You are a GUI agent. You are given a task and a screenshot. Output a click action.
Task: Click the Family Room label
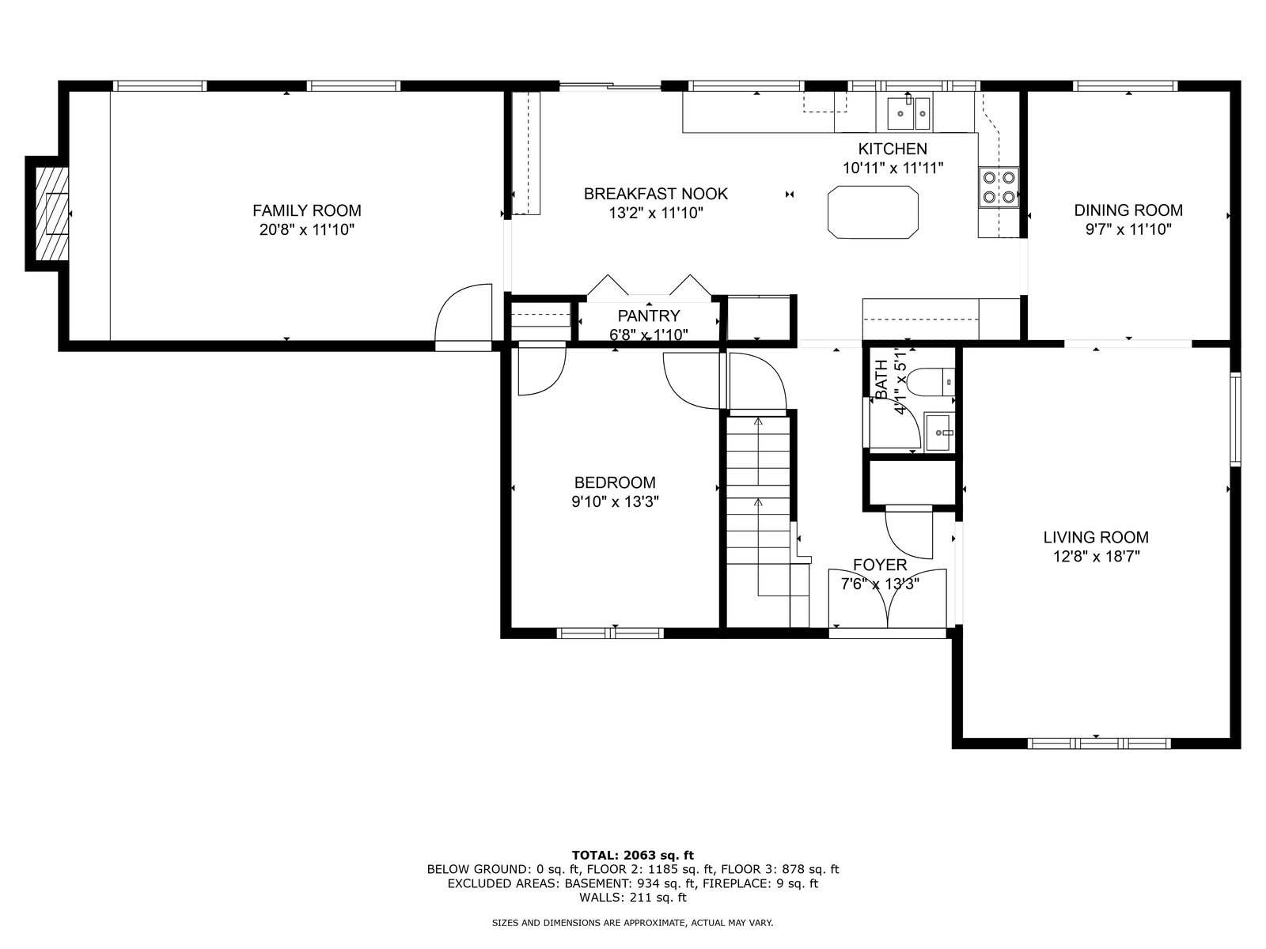tap(307, 210)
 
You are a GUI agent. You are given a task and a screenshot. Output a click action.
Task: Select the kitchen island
tap(873, 212)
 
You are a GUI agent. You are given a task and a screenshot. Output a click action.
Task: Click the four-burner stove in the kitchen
tap(999, 187)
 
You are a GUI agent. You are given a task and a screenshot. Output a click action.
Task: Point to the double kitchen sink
tap(908, 114)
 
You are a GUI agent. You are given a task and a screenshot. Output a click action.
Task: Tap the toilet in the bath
tap(931, 381)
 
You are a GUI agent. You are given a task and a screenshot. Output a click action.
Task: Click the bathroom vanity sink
tap(939, 432)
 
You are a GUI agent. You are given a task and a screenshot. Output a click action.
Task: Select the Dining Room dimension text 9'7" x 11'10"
tap(1128, 229)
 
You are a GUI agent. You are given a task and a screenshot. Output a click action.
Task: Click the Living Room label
tap(1096, 537)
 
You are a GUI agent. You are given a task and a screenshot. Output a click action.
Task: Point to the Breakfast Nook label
tap(656, 194)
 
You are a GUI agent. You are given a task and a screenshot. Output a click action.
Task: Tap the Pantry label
tap(649, 316)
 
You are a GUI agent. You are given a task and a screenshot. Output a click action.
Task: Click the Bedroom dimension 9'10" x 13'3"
tap(615, 502)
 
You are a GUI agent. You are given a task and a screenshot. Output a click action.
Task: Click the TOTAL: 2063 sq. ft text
tap(633, 855)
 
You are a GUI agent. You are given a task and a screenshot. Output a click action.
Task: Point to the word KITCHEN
tap(893, 149)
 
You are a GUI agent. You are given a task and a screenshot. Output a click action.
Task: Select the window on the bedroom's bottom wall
tap(610, 633)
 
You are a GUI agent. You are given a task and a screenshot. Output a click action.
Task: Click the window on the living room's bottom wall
tap(1099, 743)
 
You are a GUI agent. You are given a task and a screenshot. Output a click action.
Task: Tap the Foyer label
tap(880, 565)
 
